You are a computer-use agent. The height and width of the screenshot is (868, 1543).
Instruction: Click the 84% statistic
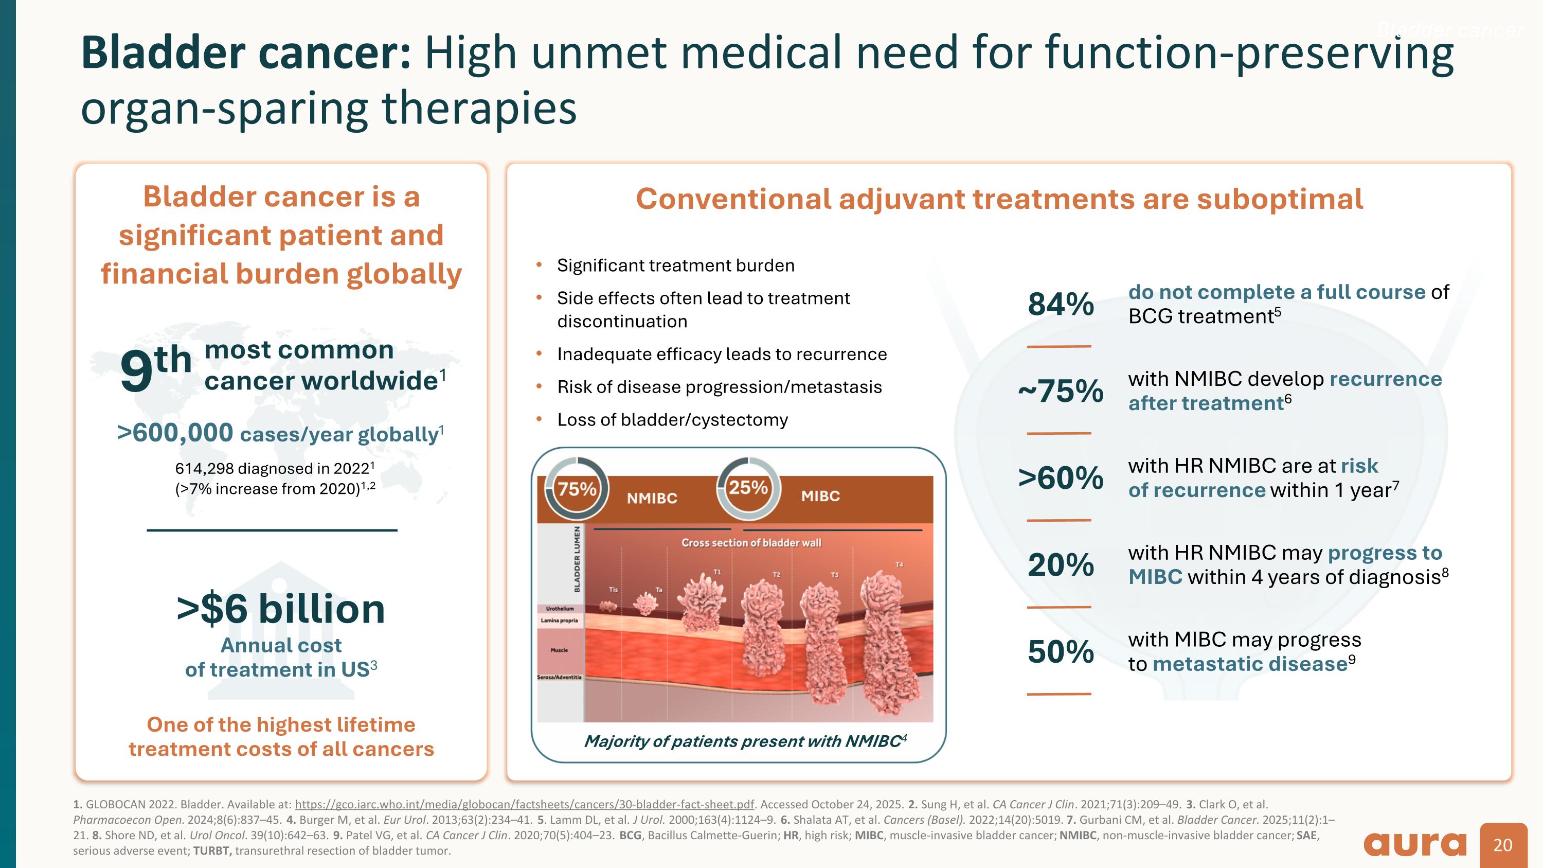click(x=1060, y=304)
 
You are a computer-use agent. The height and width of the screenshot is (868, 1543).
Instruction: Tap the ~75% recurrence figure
click(x=1060, y=391)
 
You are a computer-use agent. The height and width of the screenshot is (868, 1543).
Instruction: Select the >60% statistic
click(x=1060, y=478)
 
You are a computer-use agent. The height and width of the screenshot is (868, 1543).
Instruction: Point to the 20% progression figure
click(x=1060, y=565)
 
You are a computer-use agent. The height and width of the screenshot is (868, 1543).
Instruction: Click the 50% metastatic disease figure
click(x=1060, y=652)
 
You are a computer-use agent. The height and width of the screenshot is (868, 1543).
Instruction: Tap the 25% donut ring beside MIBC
click(x=748, y=488)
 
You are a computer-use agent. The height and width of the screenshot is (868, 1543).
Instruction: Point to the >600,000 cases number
click(x=175, y=433)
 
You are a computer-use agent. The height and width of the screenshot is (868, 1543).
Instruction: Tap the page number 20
click(x=1503, y=845)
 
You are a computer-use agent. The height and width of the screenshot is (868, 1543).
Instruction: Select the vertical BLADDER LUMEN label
click(x=578, y=559)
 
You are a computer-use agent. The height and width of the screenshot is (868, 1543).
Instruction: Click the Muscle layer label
click(x=559, y=650)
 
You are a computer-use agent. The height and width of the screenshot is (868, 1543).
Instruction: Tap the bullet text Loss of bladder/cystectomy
click(x=672, y=420)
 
